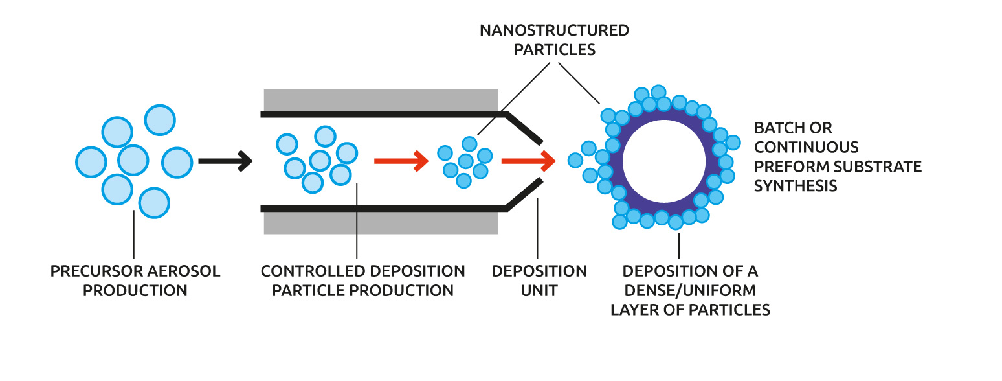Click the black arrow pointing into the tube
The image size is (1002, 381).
[225, 161]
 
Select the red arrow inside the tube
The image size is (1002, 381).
[401, 161]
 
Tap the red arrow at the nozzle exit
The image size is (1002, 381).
[528, 161]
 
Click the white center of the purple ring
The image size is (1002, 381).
[664, 161]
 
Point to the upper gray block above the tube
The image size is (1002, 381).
[381, 100]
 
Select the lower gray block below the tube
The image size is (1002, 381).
[381, 223]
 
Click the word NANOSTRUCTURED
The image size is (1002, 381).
[554, 30]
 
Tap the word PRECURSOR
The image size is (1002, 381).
[96, 271]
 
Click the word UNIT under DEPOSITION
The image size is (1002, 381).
[539, 290]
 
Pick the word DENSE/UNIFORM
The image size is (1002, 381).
[690, 290]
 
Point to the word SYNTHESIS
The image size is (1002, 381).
[796, 186]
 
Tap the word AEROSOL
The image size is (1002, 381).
[183, 271]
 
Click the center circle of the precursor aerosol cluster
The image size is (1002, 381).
[133, 160]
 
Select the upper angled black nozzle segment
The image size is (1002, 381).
[524, 128]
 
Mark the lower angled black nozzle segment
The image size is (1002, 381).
[524, 195]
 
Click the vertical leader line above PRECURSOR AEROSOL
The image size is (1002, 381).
[134, 234]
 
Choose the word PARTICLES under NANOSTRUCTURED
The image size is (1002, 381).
[554, 50]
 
